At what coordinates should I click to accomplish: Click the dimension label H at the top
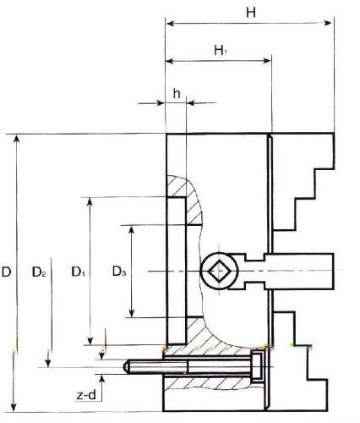251,13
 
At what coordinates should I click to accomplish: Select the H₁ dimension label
221,51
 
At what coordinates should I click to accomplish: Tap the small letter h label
177,93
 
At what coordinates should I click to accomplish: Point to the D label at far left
6,272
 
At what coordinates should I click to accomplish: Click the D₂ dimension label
39,272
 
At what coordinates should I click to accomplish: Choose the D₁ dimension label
79,272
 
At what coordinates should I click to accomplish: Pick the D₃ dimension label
119,272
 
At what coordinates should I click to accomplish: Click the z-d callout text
86,396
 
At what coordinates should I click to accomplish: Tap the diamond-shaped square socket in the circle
219,272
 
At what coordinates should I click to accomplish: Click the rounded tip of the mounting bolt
127,367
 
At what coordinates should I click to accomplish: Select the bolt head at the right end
256,367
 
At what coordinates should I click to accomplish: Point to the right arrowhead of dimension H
328,23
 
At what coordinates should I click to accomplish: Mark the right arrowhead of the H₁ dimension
267,61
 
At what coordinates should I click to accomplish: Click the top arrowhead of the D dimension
17,140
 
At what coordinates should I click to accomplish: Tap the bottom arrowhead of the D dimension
14,408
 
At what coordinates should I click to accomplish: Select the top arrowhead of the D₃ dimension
131,230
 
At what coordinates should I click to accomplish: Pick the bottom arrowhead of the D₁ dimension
90,340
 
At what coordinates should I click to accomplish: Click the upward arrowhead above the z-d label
102,379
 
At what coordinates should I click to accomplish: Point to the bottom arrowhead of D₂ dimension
48,363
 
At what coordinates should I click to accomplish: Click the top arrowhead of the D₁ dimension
90,202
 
